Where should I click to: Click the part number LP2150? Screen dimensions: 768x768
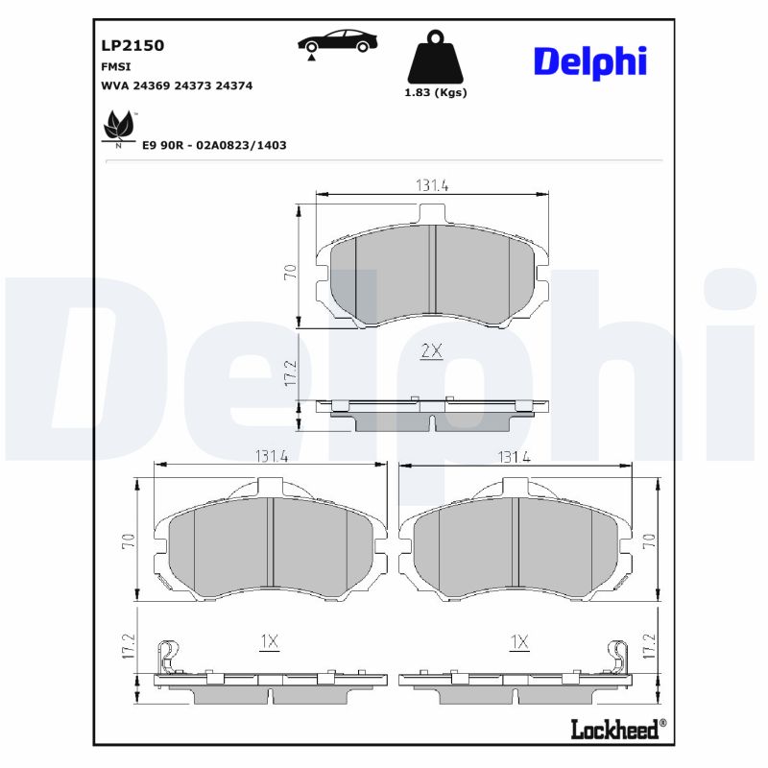click(x=132, y=45)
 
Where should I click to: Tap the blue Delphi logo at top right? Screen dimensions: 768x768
click(x=589, y=61)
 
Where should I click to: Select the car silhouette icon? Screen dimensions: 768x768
click(x=337, y=42)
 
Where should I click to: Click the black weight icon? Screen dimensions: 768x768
click(x=436, y=58)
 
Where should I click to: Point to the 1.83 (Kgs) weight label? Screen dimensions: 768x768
click(x=436, y=93)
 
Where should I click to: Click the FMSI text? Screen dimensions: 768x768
click(x=115, y=66)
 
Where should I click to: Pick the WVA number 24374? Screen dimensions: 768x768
click(x=234, y=85)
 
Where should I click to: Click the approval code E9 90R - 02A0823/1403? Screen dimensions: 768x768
click(x=214, y=145)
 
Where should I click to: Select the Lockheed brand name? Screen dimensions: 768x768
click(x=615, y=729)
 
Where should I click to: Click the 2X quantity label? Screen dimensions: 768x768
click(x=431, y=351)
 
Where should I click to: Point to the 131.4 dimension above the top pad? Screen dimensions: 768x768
click(x=432, y=185)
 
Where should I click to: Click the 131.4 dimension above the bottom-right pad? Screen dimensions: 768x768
click(x=514, y=457)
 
